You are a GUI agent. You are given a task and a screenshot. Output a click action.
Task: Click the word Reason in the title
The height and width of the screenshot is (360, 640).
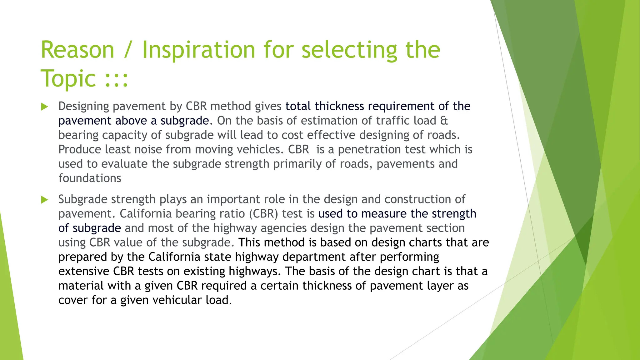coord(77,50)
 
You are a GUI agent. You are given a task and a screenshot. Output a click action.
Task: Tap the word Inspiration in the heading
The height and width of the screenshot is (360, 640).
coord(199,50)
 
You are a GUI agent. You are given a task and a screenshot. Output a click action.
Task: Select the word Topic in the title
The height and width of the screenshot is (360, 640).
coord(68,79)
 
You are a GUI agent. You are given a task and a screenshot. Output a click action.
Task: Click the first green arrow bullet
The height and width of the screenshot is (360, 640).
coord(45,107)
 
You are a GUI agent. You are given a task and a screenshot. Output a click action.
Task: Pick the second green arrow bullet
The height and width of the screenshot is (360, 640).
coord(45,200)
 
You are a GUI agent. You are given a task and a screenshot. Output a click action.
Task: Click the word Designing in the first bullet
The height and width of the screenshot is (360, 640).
coord(83,106)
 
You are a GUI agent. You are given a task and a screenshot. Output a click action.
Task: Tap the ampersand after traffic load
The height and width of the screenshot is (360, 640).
coord(444,121)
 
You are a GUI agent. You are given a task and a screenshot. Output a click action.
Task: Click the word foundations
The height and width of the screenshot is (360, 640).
coord(90,178)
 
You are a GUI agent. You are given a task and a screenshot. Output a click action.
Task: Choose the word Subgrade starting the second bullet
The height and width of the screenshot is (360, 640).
coord(82,199)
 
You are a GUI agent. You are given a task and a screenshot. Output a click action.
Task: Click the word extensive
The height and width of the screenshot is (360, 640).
coord(84,271)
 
